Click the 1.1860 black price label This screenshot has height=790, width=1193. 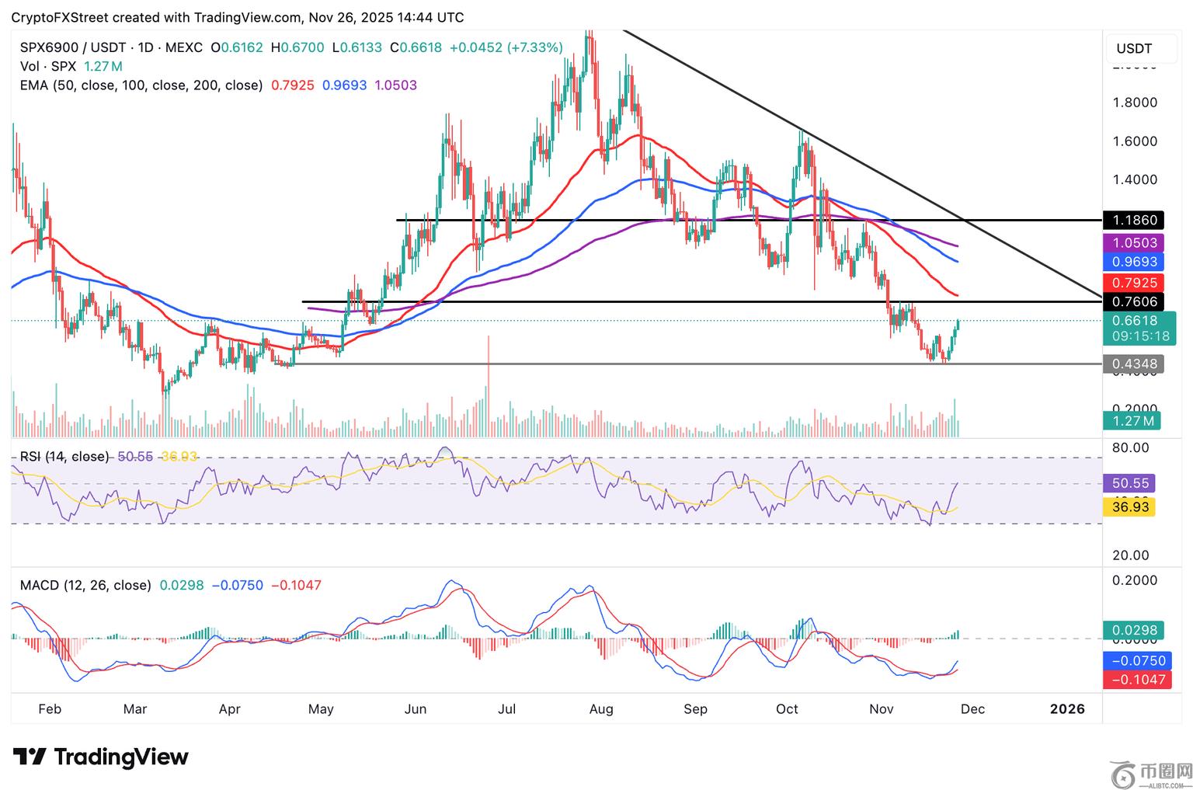(x=1134, y=221)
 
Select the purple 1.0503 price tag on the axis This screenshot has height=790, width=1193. (x=1134, y=243)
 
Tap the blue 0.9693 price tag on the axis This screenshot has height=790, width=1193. (x=1134, y=262)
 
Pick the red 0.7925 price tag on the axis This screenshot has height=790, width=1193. (x=1134, y=283)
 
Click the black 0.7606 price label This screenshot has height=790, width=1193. (x=1134, y=301)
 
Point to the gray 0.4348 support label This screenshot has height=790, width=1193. (x=1134, y=364)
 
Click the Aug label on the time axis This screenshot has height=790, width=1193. (x=601, y=708)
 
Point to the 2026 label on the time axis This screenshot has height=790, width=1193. (x=1066, y=708)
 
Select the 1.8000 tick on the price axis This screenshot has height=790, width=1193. (x=1134, y=103)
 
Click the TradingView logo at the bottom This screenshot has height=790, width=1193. (x=101, y=757)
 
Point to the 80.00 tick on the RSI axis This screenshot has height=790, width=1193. (x=1130, y=447)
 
